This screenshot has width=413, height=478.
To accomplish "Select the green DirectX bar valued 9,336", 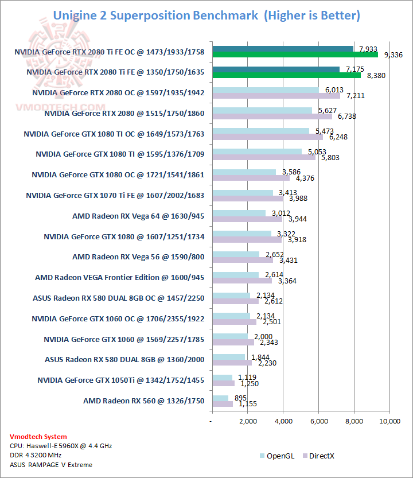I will [x=295, y=55].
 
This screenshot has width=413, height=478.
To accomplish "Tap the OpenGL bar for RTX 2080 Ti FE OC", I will [x=283, y=49].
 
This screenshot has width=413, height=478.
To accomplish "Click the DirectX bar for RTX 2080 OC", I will [x=276, y=96].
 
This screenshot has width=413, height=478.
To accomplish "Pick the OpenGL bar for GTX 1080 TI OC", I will [x=260, y=131].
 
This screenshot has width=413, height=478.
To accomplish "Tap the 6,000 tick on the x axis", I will [x=318, y=422].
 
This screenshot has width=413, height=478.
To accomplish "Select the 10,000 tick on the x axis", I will [x=389, y=422].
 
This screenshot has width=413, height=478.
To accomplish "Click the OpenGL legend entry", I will [x=278, y=456].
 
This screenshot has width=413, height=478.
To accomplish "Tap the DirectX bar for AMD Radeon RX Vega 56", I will [x=242, y=260].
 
